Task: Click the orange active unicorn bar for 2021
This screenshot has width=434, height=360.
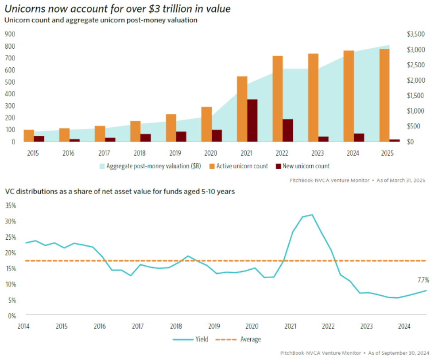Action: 242,109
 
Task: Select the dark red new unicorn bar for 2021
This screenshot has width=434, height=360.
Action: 252,120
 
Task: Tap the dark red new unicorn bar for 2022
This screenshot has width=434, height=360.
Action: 288,130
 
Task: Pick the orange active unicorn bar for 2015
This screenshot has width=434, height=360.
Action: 29,135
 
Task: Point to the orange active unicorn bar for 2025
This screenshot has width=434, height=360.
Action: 384,95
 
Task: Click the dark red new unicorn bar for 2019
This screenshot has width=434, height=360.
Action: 181,136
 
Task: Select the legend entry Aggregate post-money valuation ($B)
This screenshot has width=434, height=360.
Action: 150,166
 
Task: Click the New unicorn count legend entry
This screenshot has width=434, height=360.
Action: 303,166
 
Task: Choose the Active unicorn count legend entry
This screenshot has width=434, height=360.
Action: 239,166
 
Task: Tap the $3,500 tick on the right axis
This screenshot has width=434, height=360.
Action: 416,34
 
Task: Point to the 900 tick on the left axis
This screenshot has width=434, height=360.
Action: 10,34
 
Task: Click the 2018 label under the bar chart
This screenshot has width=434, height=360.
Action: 139,153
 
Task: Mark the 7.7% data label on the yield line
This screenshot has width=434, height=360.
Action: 423,280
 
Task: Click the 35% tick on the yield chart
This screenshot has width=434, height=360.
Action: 11,205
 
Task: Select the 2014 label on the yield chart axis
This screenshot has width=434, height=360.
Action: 23,326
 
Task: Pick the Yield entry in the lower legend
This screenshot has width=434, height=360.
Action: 190,339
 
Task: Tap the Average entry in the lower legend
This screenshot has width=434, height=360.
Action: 238,339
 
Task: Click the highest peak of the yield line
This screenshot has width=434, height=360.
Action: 312,214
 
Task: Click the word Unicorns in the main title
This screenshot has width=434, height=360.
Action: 25,9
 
